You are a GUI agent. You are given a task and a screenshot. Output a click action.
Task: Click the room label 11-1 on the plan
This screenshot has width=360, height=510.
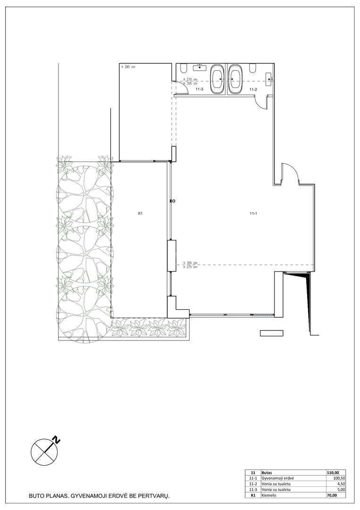coord(253,214)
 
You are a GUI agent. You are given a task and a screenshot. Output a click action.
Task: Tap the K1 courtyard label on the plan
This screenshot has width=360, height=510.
coord(140,214)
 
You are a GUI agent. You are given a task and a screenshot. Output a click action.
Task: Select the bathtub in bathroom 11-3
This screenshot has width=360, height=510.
coord(217,79)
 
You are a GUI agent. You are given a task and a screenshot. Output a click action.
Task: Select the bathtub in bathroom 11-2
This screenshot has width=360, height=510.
coord(235,79)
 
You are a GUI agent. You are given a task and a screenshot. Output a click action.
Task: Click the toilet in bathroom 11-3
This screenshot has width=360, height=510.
coord(183,68)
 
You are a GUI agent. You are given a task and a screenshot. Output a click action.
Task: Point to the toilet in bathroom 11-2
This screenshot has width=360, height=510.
coord(252,68)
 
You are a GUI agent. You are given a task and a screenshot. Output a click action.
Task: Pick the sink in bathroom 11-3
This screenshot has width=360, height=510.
coord(200,68)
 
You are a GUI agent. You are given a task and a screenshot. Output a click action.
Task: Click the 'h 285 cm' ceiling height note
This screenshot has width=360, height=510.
coord(128,67)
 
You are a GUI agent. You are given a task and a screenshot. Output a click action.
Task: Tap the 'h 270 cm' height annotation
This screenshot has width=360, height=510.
coord(191,79)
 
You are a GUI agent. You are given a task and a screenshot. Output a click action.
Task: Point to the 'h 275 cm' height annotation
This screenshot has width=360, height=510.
coord(191,267)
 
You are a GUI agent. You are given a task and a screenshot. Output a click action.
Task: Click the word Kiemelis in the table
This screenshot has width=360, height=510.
coord(268,495)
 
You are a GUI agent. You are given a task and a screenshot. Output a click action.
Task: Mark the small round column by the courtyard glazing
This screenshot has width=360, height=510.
coord(174,201)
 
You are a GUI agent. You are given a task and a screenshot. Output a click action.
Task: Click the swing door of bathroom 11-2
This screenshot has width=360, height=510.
coord(260,102)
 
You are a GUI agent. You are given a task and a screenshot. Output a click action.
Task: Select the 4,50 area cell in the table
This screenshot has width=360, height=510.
coord(340,484)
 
